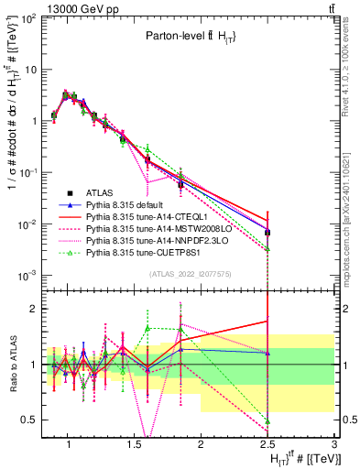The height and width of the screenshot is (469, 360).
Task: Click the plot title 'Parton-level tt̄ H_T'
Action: [189, 37]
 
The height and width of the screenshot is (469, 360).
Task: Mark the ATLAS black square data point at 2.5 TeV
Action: [267, 233]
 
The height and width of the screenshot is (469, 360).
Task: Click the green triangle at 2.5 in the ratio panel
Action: [267, 421]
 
